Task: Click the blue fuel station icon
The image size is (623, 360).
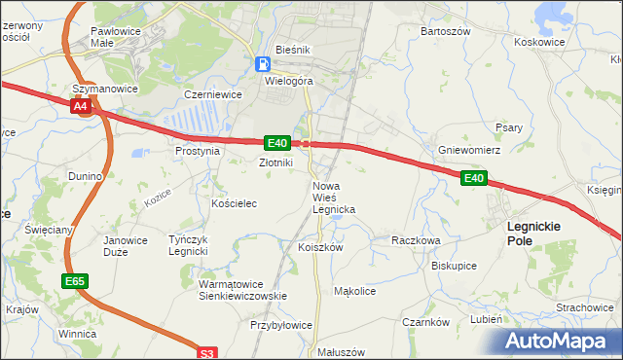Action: coord(262,64)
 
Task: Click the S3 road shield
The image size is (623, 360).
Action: coord(205,354)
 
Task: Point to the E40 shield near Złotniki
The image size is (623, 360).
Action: coord(275,143)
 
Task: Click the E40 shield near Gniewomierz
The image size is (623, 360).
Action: coord(474,178)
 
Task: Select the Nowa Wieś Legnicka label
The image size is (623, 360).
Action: coord(333,198)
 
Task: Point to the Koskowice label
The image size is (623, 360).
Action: coord(539,43)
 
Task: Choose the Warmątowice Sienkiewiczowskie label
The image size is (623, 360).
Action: coord(241,290)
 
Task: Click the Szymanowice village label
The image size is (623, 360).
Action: coord(105,89)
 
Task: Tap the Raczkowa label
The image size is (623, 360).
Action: coord(416,239)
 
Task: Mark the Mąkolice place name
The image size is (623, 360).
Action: coord(354,291)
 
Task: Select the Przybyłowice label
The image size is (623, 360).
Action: coord(281,326)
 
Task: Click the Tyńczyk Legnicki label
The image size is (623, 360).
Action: coord(188,245)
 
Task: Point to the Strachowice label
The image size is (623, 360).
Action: coord(584,307)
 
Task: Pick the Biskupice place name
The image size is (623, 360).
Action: coord(454,265)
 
